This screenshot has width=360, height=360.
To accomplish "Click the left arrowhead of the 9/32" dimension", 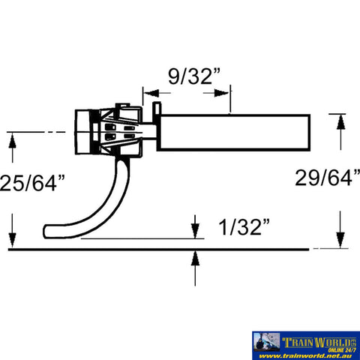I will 147,94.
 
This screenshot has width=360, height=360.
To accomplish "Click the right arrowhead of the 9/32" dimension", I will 224,94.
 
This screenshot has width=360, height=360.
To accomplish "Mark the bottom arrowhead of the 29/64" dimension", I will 340,241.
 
